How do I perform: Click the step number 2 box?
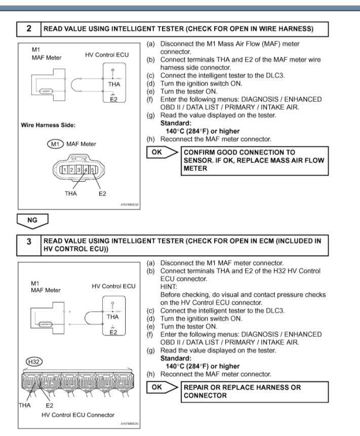(x=29, y=29)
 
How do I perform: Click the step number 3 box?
(x=29, y=242)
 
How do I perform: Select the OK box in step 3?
(x=157, y=387)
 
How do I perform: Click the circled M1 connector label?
(x=55, y=144)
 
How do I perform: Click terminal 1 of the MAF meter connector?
(x=64, y=169)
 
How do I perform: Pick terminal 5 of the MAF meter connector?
(x=93, y=169)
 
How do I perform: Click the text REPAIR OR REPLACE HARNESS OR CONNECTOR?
(x=242, y=391)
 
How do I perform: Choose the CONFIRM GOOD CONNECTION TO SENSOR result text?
(x=253, y=160)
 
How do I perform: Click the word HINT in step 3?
(x=170, y=287)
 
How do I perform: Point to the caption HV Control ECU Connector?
(x=78, y=415)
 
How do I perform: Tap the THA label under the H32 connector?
(x=24, y=405)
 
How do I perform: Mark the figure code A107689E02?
(x=129, y=205)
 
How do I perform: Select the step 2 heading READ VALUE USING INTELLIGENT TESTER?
(x=178, y=29)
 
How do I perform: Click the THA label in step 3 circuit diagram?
(x=113, y=316)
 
